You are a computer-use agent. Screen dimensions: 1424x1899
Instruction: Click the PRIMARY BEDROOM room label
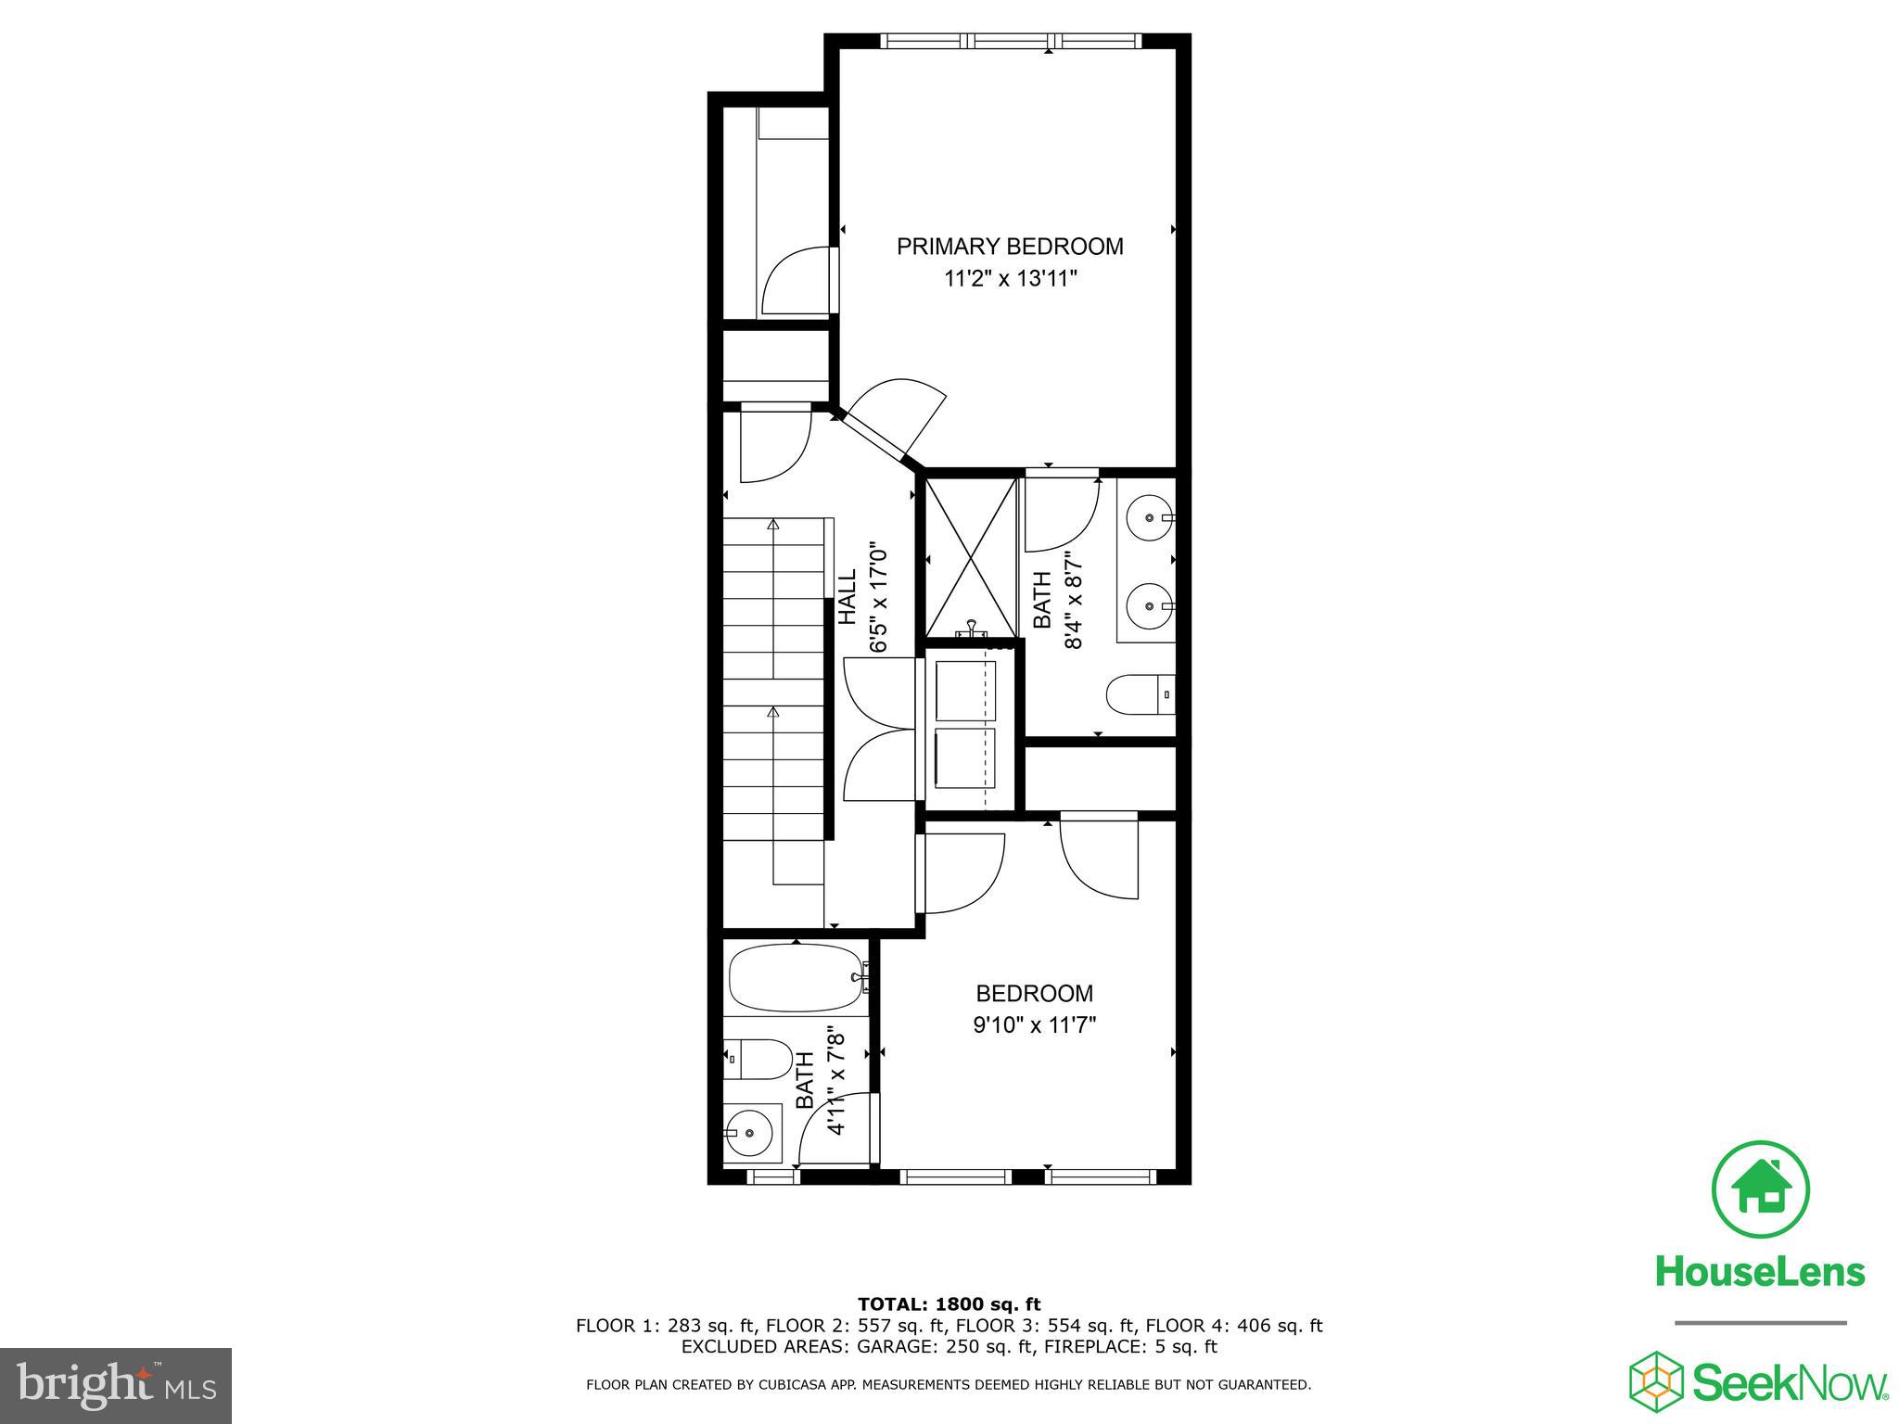[x=1010, y=247]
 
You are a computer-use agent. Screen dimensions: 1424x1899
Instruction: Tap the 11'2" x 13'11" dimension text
[x=1010, y=279]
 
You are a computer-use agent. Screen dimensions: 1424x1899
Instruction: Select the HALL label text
[x=848, y=597]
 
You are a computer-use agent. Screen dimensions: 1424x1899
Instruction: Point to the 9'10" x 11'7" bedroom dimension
[x=1034, y=1025]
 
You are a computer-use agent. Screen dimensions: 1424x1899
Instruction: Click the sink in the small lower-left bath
[x=748, y=1132]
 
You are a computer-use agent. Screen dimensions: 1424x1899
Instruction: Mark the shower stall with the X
[x=971, y=556]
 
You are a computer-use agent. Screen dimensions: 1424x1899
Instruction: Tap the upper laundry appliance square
[x=964, y=690]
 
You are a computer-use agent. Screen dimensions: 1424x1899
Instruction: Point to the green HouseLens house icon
[x=1760, y=1189]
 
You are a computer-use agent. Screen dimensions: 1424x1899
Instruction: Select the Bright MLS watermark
[x=116, y=1387]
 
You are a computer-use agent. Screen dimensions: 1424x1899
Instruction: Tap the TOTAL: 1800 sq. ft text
[x=949, y=1305]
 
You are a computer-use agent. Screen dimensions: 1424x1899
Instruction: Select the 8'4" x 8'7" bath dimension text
[x=1074, y=601]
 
